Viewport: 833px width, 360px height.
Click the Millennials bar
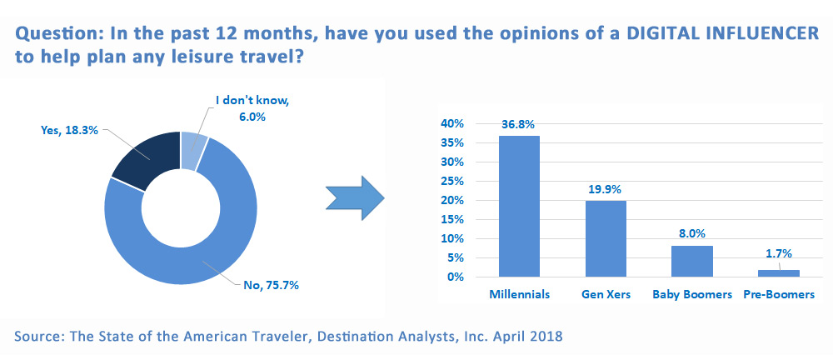coord(519,207)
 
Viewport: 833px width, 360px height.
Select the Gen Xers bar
coord(606,239)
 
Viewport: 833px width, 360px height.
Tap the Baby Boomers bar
coord(691,262)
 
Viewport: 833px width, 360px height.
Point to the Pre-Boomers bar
coord(778,274)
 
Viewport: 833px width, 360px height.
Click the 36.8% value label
coord(518,125)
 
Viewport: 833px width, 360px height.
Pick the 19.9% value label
coord(605,190)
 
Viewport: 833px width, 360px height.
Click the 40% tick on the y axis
coord(452,124)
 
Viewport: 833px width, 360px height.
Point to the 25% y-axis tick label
coord(452,182)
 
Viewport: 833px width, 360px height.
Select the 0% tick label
coord(456,277)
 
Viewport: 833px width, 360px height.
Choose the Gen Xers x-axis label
coord(606,295)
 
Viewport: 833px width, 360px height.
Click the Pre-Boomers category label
coord(778,295)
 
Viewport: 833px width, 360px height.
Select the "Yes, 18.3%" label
coord(69,130)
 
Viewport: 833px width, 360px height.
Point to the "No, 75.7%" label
coord(270,286)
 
